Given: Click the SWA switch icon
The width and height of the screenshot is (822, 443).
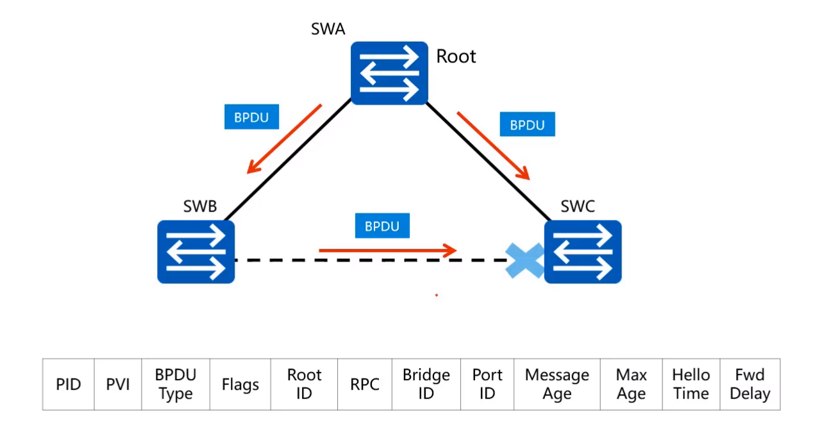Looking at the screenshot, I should coord(389,73).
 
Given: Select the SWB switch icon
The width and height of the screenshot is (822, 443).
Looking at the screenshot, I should coord(196,252).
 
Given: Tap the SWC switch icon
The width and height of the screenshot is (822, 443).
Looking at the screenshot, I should coord(582,252).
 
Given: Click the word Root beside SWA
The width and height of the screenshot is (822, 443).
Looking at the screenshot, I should coord(456,56).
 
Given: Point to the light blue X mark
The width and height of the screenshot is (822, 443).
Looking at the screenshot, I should coord(524,260).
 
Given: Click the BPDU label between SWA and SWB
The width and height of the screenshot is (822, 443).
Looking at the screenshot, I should coord(251,117).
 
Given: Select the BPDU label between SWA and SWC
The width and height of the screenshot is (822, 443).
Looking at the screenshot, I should coord(527,124).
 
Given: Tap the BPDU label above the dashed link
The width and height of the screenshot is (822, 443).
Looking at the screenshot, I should coord(382,226).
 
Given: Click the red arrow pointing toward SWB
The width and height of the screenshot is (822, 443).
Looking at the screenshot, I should coord(284,139).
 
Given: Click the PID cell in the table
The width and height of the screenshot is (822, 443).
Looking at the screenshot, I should coord(69,384).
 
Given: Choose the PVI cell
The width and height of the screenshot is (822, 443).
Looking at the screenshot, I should coord(118,384).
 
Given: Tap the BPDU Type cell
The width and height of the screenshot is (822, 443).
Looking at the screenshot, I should coord(176,384).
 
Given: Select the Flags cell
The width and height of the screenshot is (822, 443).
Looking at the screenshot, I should coord(240,384).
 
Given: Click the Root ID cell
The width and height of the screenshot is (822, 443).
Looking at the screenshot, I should coord(305,384).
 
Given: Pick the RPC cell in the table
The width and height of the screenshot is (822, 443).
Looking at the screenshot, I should coord(365,384).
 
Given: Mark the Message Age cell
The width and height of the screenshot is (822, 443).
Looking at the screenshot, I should coord(557,384).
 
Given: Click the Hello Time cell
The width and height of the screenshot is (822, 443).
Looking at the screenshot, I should coord(691,384).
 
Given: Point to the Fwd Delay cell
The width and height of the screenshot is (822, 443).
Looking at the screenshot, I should coord(750,384).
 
